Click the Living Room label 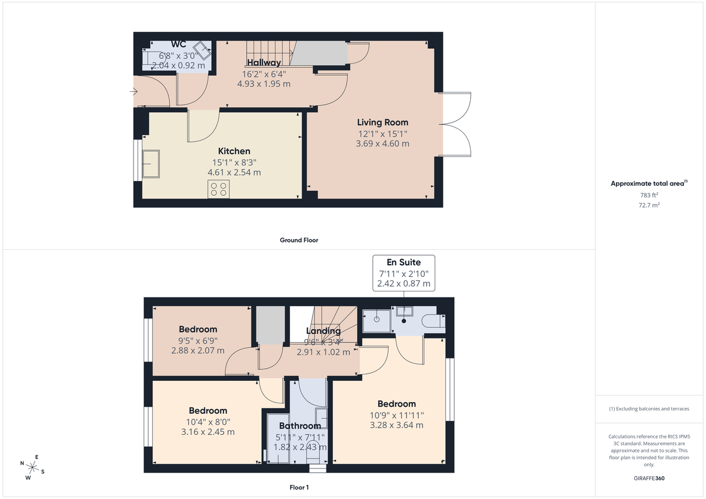[382, 122]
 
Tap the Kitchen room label [234, 151]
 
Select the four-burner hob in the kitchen [219, 189]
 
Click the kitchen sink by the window [151, 164]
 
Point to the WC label [178, 45]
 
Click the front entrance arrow [134, 92]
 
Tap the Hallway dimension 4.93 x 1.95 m [264, 84]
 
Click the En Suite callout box [403, 272]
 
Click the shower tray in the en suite [376, 320]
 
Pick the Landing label [323, 331]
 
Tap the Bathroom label [300, 426]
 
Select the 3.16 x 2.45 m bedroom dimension [208, 432]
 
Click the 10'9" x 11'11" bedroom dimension [397, 415]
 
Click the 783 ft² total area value [649, 195]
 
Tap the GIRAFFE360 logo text [649, 478]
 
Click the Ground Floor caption [299, 240]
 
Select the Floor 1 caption [299, 487]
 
